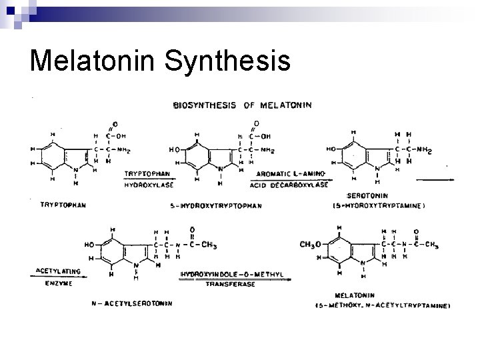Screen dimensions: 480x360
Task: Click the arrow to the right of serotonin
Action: point(438,179)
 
